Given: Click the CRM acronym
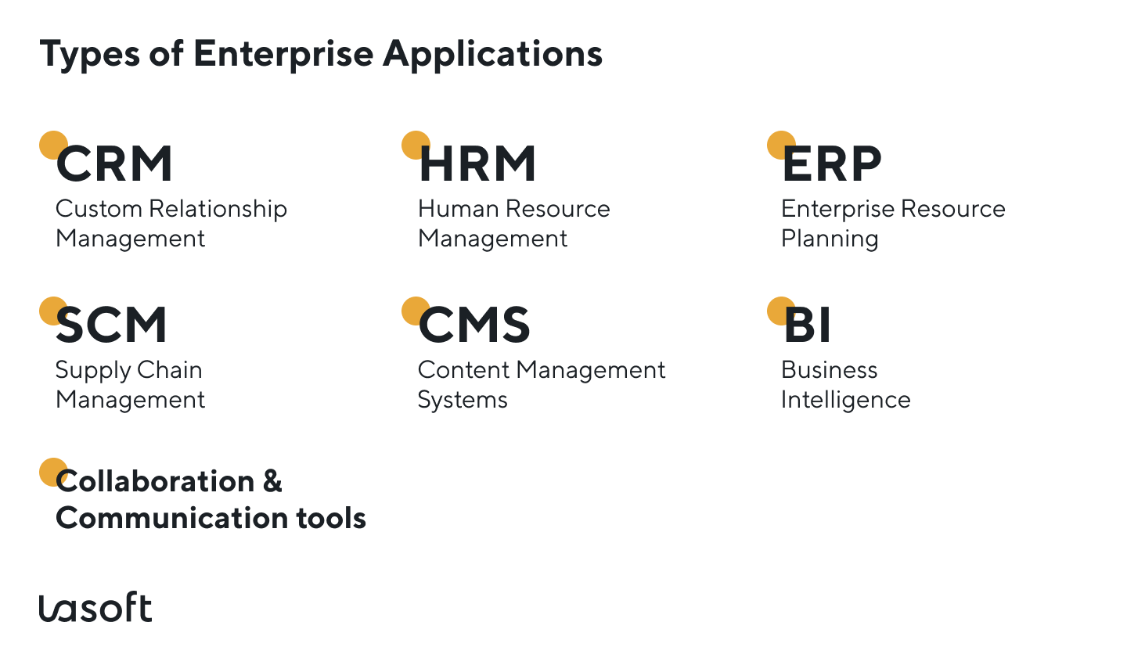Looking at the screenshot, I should [114, 164].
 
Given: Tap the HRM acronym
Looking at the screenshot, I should [477, 164].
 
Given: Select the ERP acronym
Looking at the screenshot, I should [832, 164].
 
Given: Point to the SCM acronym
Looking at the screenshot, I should [111, 325].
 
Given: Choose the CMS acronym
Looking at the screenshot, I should [474, 325].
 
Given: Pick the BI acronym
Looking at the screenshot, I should [807, 325].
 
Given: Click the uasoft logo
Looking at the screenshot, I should [95, 608].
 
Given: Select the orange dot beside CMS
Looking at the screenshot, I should [413, 310].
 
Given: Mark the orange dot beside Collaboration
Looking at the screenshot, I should [51, 471].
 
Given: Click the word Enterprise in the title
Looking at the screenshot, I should [283, 55].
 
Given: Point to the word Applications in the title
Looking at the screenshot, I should [493, 55].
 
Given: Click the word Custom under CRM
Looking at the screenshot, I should [99, 209].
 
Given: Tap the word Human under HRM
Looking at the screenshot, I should [458, 209].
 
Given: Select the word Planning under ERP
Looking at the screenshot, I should [830, 239].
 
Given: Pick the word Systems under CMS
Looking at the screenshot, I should [463, 401].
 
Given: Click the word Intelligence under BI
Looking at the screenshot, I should [845, 401].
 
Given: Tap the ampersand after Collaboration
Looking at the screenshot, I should [272, 481].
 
